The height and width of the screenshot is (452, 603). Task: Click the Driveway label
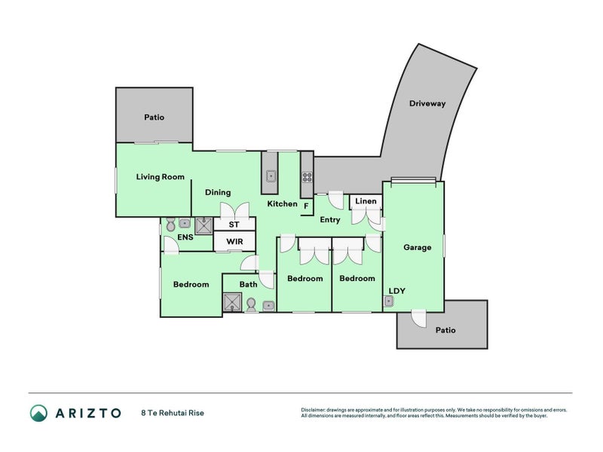coord(427,104)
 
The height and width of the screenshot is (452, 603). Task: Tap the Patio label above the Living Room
coord(154,118)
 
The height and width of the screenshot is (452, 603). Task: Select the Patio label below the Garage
coord(445,330)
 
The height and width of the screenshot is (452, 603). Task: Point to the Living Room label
coord(160,177)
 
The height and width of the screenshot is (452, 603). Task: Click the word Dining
coord(217,192)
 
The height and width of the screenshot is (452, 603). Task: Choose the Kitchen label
coord(282,203)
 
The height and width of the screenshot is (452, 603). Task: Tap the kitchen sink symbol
coord(271,179)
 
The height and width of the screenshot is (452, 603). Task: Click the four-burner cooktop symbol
coord(307,178)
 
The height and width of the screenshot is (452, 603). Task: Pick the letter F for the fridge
coord(306,205)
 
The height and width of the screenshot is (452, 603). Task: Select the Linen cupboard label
coord(366,201)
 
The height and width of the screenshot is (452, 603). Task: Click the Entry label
coord(330,220)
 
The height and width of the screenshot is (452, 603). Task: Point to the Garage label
coord(417,247)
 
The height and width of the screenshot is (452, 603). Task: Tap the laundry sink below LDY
coord(389,301)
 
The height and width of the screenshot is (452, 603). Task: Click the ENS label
coord(185,237)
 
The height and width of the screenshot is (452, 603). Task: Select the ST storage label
coord(234,224)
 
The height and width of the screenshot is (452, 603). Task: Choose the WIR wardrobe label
coord(234,242)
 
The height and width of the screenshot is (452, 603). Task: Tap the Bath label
coord(249,284)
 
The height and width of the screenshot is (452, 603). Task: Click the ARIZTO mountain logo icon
coord(38,412)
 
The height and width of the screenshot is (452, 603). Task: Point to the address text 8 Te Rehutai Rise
coord(172,413)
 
